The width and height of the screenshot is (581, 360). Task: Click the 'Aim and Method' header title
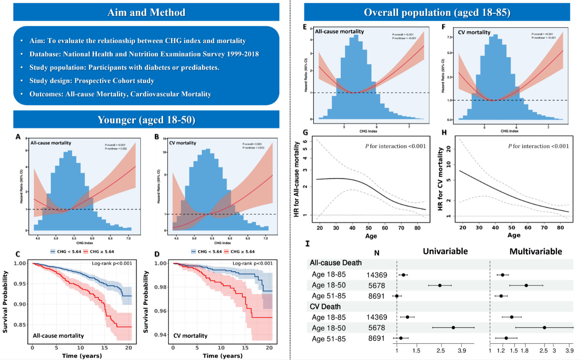pyautogui.click(x=146, y=12)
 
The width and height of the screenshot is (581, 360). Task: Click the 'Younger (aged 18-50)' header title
pyautogui.click(x=146, y=120)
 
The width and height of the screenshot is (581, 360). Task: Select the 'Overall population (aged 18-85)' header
pyautogui.click(x=437, y=12)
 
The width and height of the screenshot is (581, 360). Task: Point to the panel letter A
pyautogui.click(x=18, y=137)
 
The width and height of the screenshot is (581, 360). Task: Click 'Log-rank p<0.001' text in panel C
pyautogui.click(x=112, y=263)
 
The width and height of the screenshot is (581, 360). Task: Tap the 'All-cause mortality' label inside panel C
pyautogui.click(x=58, y=336)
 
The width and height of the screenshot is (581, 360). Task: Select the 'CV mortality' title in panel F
pyautogui.click(x=474, y=32)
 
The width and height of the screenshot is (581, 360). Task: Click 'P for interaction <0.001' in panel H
pyautogui.click(x=538, y=146)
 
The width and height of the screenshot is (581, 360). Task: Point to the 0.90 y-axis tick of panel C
pyautogui.click(x=20, y=304)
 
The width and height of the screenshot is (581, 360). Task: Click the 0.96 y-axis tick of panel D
pyautogui.click(x=161, y=311)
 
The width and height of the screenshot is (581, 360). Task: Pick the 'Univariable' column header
pyautogui.click(x=445, y=251)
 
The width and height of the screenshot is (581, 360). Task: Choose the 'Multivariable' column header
pyautogui.click(x=536, y=251)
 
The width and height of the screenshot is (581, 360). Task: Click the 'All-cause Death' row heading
pyautogui.click(x=336, y=263)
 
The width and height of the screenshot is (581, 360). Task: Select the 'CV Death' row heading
pyautogui.click(x=325, y=307)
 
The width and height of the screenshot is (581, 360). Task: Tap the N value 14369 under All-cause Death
pyautogui.click(x=377, y=275)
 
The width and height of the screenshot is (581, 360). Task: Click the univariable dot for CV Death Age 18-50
pyautogui.click(x=453, y=328)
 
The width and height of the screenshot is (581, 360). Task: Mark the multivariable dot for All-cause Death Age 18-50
pyautogui.click(x=526, y=285)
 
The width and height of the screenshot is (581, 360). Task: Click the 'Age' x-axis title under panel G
pyautogui.click(x=371, y=236)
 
